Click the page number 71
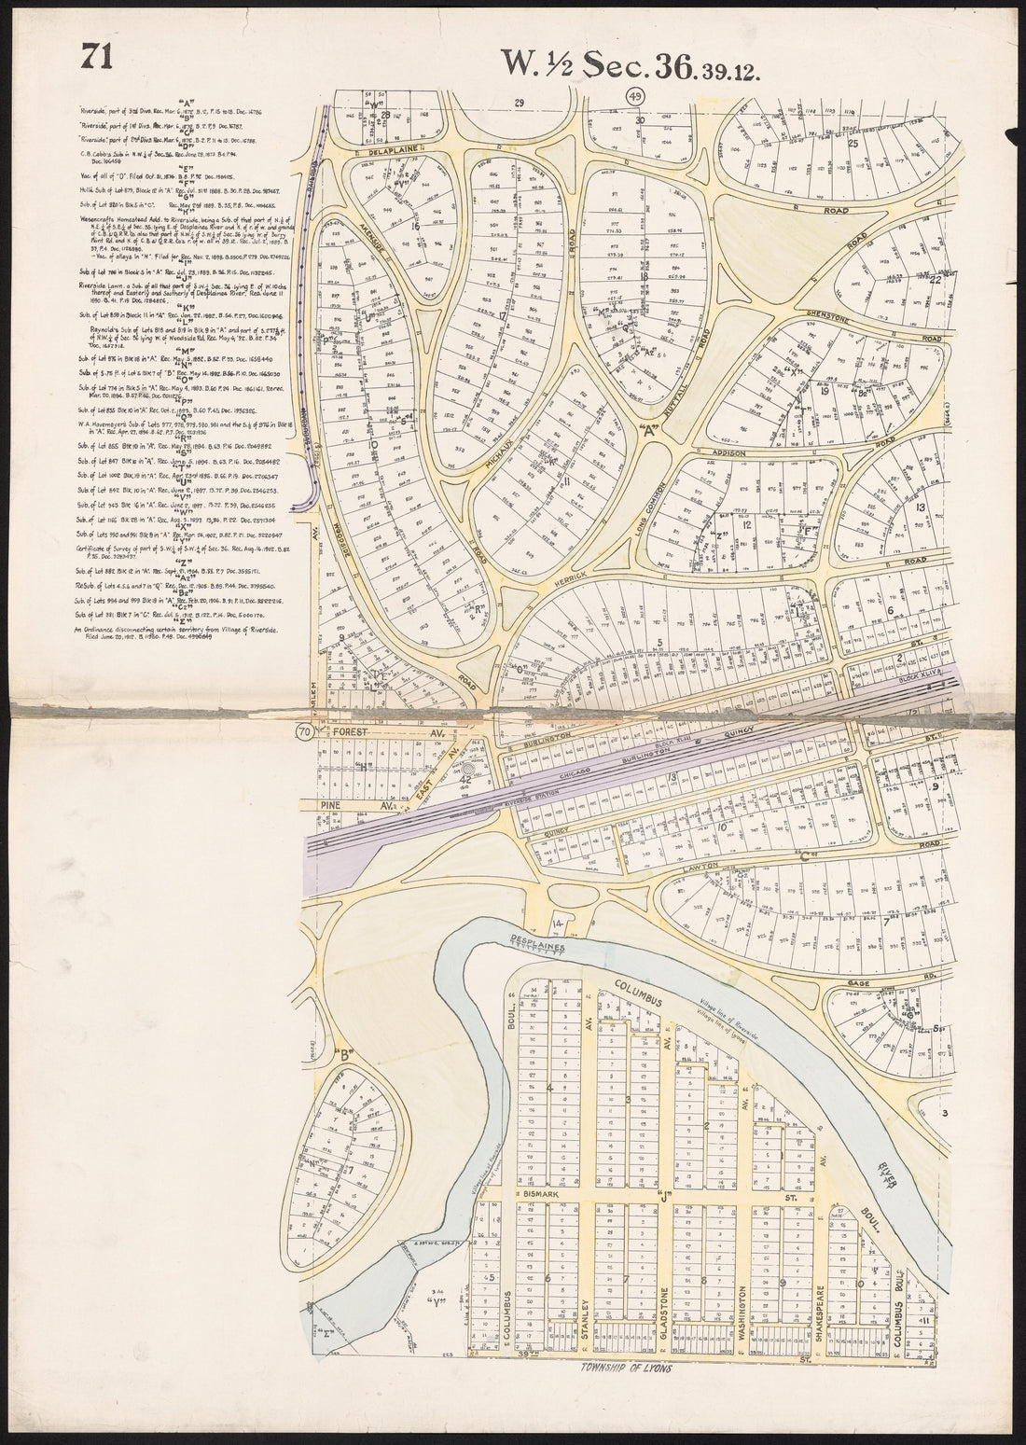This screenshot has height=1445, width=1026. (x=97, y=57)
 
